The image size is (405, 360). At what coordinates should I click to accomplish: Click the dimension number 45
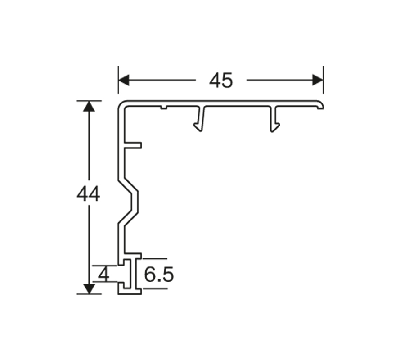pos(221,80)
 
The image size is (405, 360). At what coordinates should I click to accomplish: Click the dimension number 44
pos(88,194)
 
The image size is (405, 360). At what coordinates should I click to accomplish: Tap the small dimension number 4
pos(104,274)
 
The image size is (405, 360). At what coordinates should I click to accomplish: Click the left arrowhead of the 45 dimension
pos(124,80)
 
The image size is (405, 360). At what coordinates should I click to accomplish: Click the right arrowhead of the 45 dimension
pos(318,80)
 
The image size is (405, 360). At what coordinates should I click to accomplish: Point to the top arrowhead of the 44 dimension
pos(89,106)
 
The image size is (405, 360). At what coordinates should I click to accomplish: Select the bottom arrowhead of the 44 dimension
pos(89,289)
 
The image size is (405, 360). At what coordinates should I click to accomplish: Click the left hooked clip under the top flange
pos(199,119)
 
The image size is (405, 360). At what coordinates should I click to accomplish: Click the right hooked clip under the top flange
pos(275,119)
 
